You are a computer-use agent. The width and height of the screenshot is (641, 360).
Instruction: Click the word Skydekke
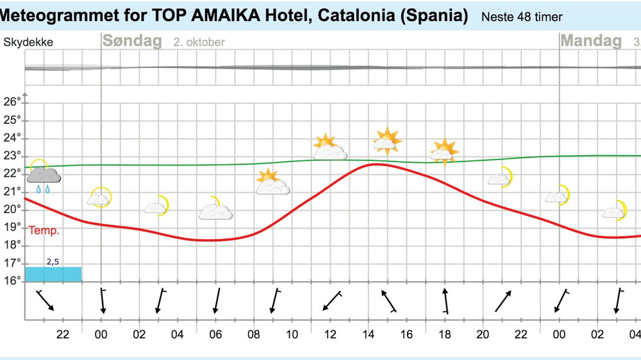[x=28, y=43]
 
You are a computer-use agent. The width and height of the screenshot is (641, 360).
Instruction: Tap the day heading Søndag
[x=133, y=41]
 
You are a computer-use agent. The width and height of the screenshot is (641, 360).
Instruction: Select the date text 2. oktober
[x=199, y=42]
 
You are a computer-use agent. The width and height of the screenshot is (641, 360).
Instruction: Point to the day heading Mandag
[x=591, y=41]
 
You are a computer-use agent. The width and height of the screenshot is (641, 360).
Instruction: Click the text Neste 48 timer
[x=522, y=17]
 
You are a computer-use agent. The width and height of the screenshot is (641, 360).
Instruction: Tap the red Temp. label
[x=44, y=231]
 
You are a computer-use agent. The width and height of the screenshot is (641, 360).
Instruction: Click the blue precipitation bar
[x=53, y=274]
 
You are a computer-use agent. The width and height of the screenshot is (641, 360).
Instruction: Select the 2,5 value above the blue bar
[x=53, y=261]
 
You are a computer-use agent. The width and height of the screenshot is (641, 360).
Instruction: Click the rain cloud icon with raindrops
[x=43, y=176]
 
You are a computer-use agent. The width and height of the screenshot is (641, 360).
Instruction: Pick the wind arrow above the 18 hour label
[x=445, y=300]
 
